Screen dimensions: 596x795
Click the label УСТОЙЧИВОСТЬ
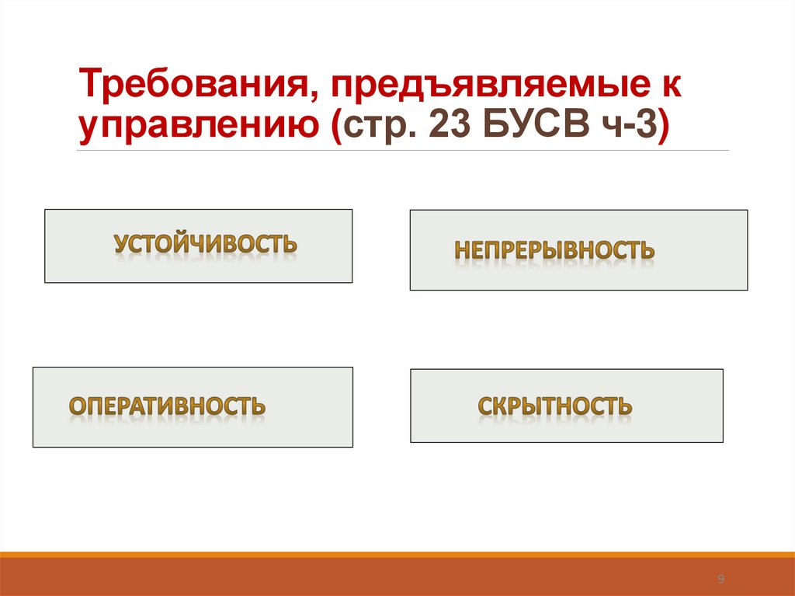pyautogui.click(x=205, y=244)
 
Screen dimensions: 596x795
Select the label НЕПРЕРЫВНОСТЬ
pyautogui.click(x=554, y=250)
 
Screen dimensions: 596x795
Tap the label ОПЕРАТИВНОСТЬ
pyautogui.click(x=168, y=405)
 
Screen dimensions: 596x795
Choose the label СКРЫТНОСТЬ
pyautogui.click(x=554, y=406)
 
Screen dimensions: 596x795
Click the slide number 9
pyautogui.click(x=720, y=579)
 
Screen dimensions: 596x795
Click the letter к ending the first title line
pyautogui.click(x=673, y=85)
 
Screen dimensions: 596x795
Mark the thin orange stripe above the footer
pyautogui.click(x=397, y=554)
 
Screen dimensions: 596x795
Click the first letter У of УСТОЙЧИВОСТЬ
pyautogui.click(x=122, y=244)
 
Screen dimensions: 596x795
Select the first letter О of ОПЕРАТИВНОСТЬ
pyautogui.click(x=78, y=405)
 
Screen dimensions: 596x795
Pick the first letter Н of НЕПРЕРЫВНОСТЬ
pyautogui.click(x=461, y=250)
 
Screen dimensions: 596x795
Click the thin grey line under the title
pyautogui.click(x=403, y=150)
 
